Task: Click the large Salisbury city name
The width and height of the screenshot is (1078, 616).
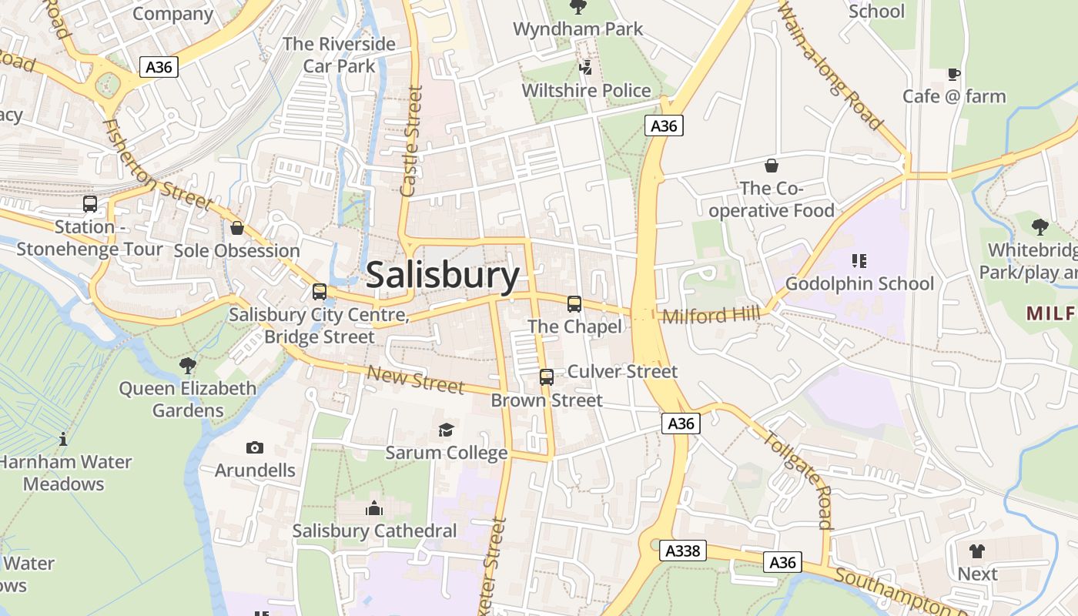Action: (443, 275)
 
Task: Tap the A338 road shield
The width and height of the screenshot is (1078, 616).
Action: (682, 550)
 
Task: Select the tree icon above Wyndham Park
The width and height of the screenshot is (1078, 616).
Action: (577, 7)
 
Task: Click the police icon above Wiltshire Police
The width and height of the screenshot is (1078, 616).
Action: (586, 68)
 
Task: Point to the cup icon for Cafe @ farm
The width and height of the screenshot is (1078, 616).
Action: (954, 74)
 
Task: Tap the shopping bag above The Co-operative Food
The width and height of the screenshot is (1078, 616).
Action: (771, 166)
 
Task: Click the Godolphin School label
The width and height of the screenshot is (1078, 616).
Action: (859, 283)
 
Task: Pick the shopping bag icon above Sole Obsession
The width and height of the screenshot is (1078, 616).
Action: (237, 228)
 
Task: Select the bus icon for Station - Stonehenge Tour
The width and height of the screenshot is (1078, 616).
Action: (90, 204)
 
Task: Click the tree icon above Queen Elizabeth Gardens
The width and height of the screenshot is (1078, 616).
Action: (187, 365)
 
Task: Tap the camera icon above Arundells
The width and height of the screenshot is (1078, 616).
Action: (254, 447)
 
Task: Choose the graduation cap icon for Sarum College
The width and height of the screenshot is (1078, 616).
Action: (446, 430)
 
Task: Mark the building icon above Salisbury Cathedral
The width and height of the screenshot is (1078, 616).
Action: (374, 508)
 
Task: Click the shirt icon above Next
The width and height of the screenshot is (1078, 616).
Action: (977, 551)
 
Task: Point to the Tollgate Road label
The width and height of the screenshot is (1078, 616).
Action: (798, 479)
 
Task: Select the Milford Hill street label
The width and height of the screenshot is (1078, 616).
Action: (711, 315)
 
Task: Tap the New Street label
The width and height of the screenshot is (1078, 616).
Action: (415, 379)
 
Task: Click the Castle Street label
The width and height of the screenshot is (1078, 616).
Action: (413, 140)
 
